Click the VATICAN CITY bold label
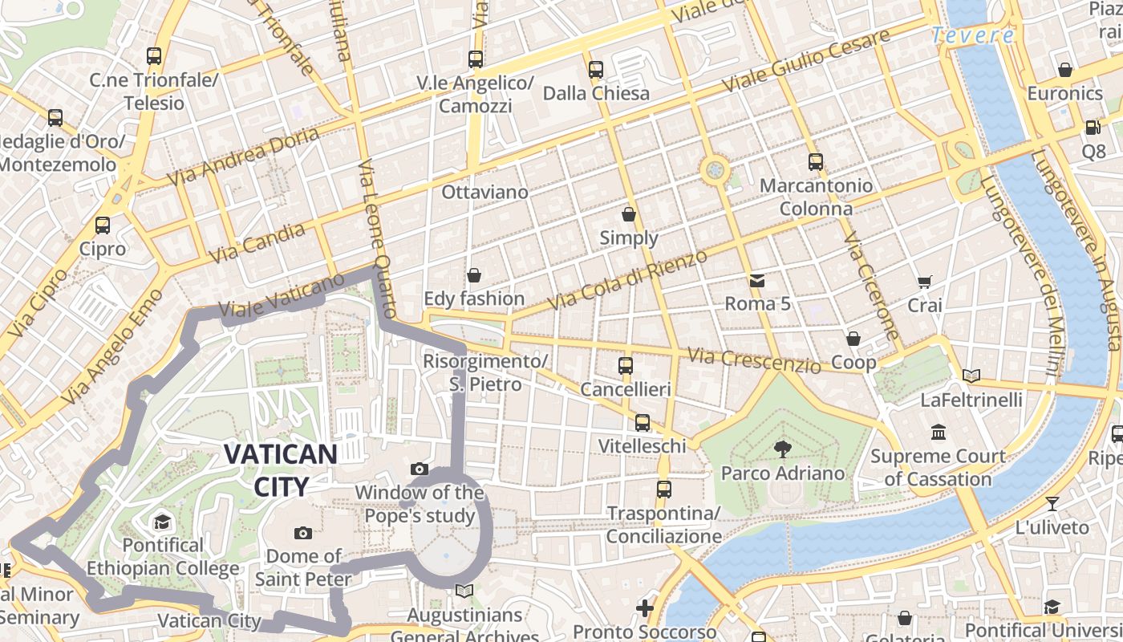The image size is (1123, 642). tap(280, 469)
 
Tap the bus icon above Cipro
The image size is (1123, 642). tap(103, 226)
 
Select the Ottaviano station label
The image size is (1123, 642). tap(484, 193)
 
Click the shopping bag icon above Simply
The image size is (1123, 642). tap(629, 214)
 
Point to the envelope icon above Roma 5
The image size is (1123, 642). tap(757, 280)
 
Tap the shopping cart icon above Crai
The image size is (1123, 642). tap(925, 282)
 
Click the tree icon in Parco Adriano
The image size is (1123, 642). tap(782, 449)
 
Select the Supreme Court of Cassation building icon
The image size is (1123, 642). tap(938, 433)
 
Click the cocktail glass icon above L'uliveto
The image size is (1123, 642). tap(1052, 504)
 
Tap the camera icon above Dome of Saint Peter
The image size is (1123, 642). tap(302, 533)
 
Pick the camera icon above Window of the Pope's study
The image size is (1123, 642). tap(419, 469)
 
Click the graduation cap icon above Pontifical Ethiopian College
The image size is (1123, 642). tap(162, 522)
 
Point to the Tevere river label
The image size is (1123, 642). tap(973, 35)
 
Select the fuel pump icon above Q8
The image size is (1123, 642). tap(1093, 127)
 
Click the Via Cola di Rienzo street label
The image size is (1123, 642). tap(627, 281)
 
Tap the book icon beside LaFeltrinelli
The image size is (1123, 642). tap(971, 376)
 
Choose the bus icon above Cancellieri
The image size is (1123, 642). tap(626, 366)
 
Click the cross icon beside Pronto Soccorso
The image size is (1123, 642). tap(645, 608)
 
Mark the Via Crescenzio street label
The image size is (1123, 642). tap(755, 360)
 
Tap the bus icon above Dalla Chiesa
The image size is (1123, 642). tap(595, 70)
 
